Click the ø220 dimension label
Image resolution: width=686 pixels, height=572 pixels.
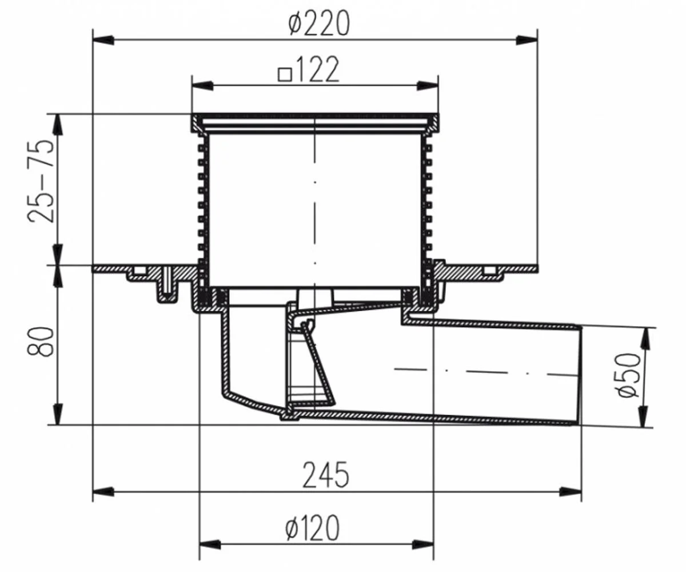pos(319,23)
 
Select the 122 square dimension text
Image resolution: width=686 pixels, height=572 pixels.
pos(318,70)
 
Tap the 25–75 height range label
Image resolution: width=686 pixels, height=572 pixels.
pos(40,181)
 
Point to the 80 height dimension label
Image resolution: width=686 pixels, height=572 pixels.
pos(40,341)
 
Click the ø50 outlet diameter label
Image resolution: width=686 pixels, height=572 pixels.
pos(628,375)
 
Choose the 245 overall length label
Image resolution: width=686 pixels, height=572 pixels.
pos(326,475)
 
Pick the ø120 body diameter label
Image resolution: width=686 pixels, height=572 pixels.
pos(312,528)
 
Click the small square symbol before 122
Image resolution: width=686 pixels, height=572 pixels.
pos(285,74)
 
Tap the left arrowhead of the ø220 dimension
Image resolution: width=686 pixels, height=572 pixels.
pos(103,41)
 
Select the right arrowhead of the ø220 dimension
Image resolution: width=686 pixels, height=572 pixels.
pos(527,41)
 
